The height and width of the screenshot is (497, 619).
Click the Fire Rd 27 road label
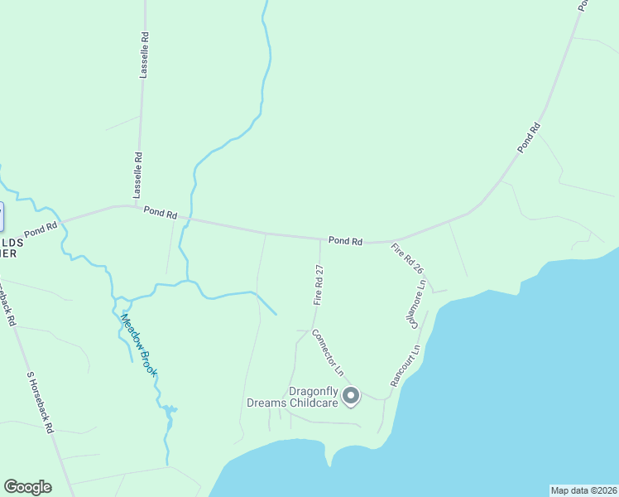[318, 285]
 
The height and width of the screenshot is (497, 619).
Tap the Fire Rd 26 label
[407, 259]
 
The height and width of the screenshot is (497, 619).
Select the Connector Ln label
[327, 350]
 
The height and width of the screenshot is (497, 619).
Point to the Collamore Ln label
[418, 304]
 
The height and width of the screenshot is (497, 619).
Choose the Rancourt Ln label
[405, 365]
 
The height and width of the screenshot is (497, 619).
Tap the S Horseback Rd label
[40, 403]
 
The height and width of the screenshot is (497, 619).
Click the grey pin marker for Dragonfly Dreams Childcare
[352, 397]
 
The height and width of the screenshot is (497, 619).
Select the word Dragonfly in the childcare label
[314, 392]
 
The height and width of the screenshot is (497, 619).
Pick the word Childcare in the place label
[311, 403]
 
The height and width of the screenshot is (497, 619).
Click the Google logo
[27, 487]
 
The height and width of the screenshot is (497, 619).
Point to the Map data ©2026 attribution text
[583, 490]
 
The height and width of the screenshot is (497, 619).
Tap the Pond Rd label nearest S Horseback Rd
[41, 229]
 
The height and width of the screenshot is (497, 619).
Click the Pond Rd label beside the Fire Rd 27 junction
[345, 241]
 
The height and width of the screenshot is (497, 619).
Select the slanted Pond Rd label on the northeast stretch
[529, 137]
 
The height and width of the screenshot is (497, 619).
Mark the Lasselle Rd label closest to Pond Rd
[139, 167]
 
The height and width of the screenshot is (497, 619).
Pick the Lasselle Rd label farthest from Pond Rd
[144, 55]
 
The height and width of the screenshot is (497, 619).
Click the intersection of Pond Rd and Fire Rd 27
[320, 239]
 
